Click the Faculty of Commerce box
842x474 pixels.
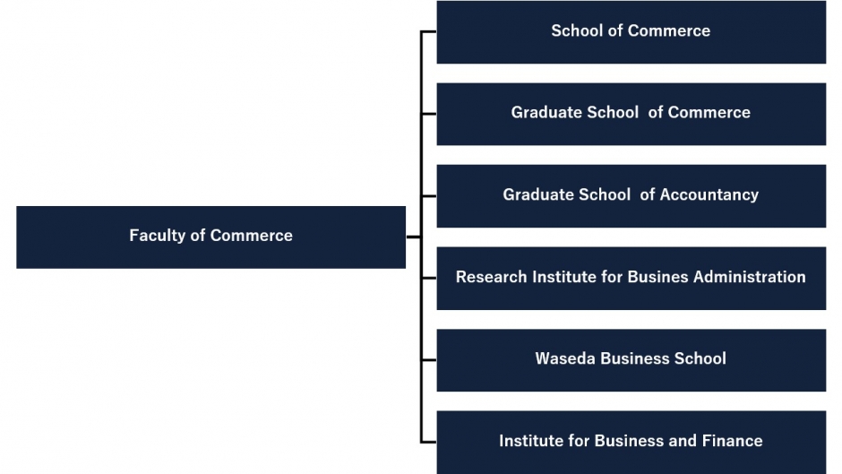(x=211, y=237)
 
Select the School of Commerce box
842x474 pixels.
(x=631, y=32)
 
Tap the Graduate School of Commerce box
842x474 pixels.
(x=631, y=114)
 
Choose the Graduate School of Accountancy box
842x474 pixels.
(x=631, y=196)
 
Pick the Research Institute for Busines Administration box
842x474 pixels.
(x=631, y=279)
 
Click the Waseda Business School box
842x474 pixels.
(x=631, y=360)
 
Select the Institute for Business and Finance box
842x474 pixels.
(x=631, y=443)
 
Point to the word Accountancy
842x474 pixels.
(x=709, y=194)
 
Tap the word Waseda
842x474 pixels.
(x=565, y=358)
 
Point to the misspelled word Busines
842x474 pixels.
(x=657, y=277)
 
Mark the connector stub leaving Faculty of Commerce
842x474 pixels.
(x=414, y=237)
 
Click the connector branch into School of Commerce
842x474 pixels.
(x=428, y=32)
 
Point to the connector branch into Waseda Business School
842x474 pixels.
(x=428, y=360)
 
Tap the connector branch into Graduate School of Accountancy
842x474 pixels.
(x=428, y=196)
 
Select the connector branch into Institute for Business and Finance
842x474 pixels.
(x=428, y=443)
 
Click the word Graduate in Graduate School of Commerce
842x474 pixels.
(x=546, y=112)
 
